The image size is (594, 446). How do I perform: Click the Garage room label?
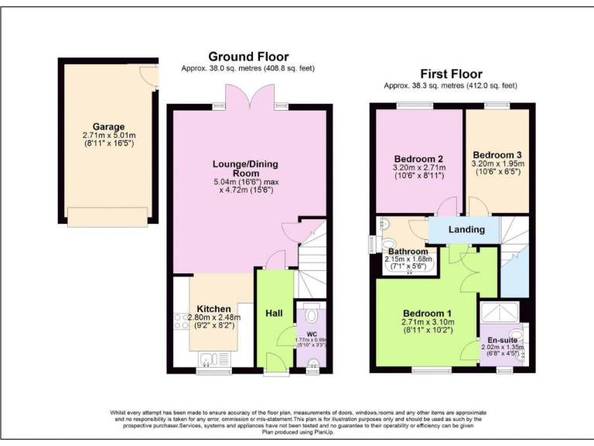click(109, 127)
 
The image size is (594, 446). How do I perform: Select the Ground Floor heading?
click(248, 57)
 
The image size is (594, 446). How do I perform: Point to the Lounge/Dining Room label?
click(245, 169)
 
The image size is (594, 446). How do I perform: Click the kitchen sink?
click(207, 357)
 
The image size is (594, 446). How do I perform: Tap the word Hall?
click(274, 313)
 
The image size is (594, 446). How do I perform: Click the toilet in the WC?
click(312, 315)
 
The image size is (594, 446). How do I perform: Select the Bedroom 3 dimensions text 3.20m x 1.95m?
click(498, 163)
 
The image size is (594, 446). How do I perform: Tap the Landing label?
click(466, 229)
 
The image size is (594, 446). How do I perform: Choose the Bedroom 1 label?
click(421, 313)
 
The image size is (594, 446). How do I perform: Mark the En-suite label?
click(502, 339)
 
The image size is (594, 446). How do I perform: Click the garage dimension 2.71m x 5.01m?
click(109, 136)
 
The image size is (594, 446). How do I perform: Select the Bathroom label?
click(408, 252)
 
